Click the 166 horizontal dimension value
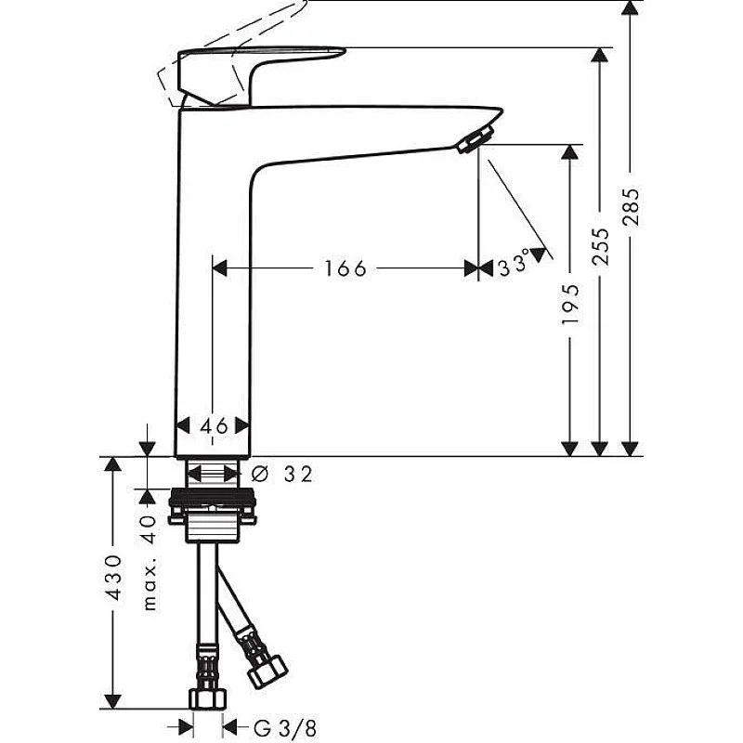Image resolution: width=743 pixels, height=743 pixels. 345,268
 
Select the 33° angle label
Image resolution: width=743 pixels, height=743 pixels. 513,267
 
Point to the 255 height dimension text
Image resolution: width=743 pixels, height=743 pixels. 602,246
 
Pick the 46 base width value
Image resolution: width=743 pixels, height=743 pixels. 214,425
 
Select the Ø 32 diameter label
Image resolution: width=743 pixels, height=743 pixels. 282,475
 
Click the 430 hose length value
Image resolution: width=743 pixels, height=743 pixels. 112,578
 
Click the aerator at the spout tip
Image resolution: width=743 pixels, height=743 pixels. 472,140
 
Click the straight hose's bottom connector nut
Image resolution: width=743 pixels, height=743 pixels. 208,697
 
